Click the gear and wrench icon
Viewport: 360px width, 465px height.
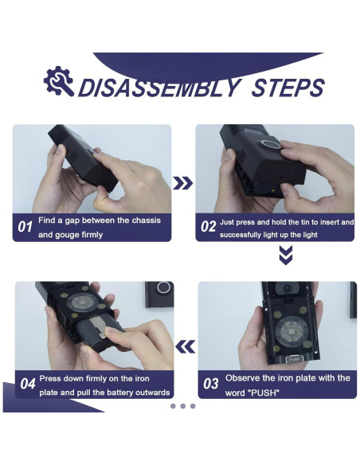(58, 81)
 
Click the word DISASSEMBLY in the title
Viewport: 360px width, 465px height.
(159, 88)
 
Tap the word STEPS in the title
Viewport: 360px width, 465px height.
(288, 88)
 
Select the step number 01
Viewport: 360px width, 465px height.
(25, 227)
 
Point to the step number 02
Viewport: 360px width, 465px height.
(208, 227)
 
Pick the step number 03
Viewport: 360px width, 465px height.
(210, 384)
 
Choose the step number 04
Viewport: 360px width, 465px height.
(28, 384)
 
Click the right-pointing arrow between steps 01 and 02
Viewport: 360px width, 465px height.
(182, 183)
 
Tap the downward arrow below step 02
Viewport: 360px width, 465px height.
(286, 255)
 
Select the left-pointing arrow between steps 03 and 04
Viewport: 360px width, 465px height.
(186, 346)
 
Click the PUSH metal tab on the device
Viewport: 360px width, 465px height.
(295, 359)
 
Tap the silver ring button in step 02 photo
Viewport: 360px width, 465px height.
(271, 144)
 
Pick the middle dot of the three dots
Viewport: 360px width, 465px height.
(182, 406)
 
